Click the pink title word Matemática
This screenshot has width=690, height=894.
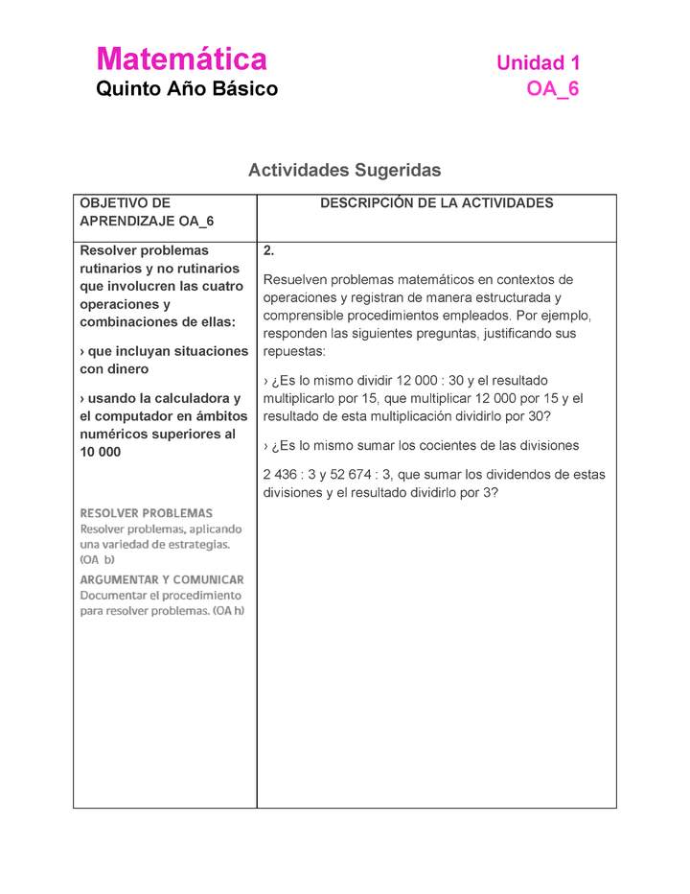(x=181, y=59)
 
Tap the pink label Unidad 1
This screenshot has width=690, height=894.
(x=538, y=63)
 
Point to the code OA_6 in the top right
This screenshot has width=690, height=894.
(x=553, y=89)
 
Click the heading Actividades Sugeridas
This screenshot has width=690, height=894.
(x=344, y=170)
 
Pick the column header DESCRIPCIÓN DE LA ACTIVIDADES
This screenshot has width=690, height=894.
(x=436, y=203)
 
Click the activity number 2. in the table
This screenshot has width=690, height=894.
(x=269, y=251)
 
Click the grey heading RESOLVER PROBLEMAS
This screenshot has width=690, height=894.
(x=146, y=513)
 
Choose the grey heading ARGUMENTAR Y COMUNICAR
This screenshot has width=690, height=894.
(x=161, y=579)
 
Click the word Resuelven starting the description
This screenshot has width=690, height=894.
(x=298, y=280)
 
